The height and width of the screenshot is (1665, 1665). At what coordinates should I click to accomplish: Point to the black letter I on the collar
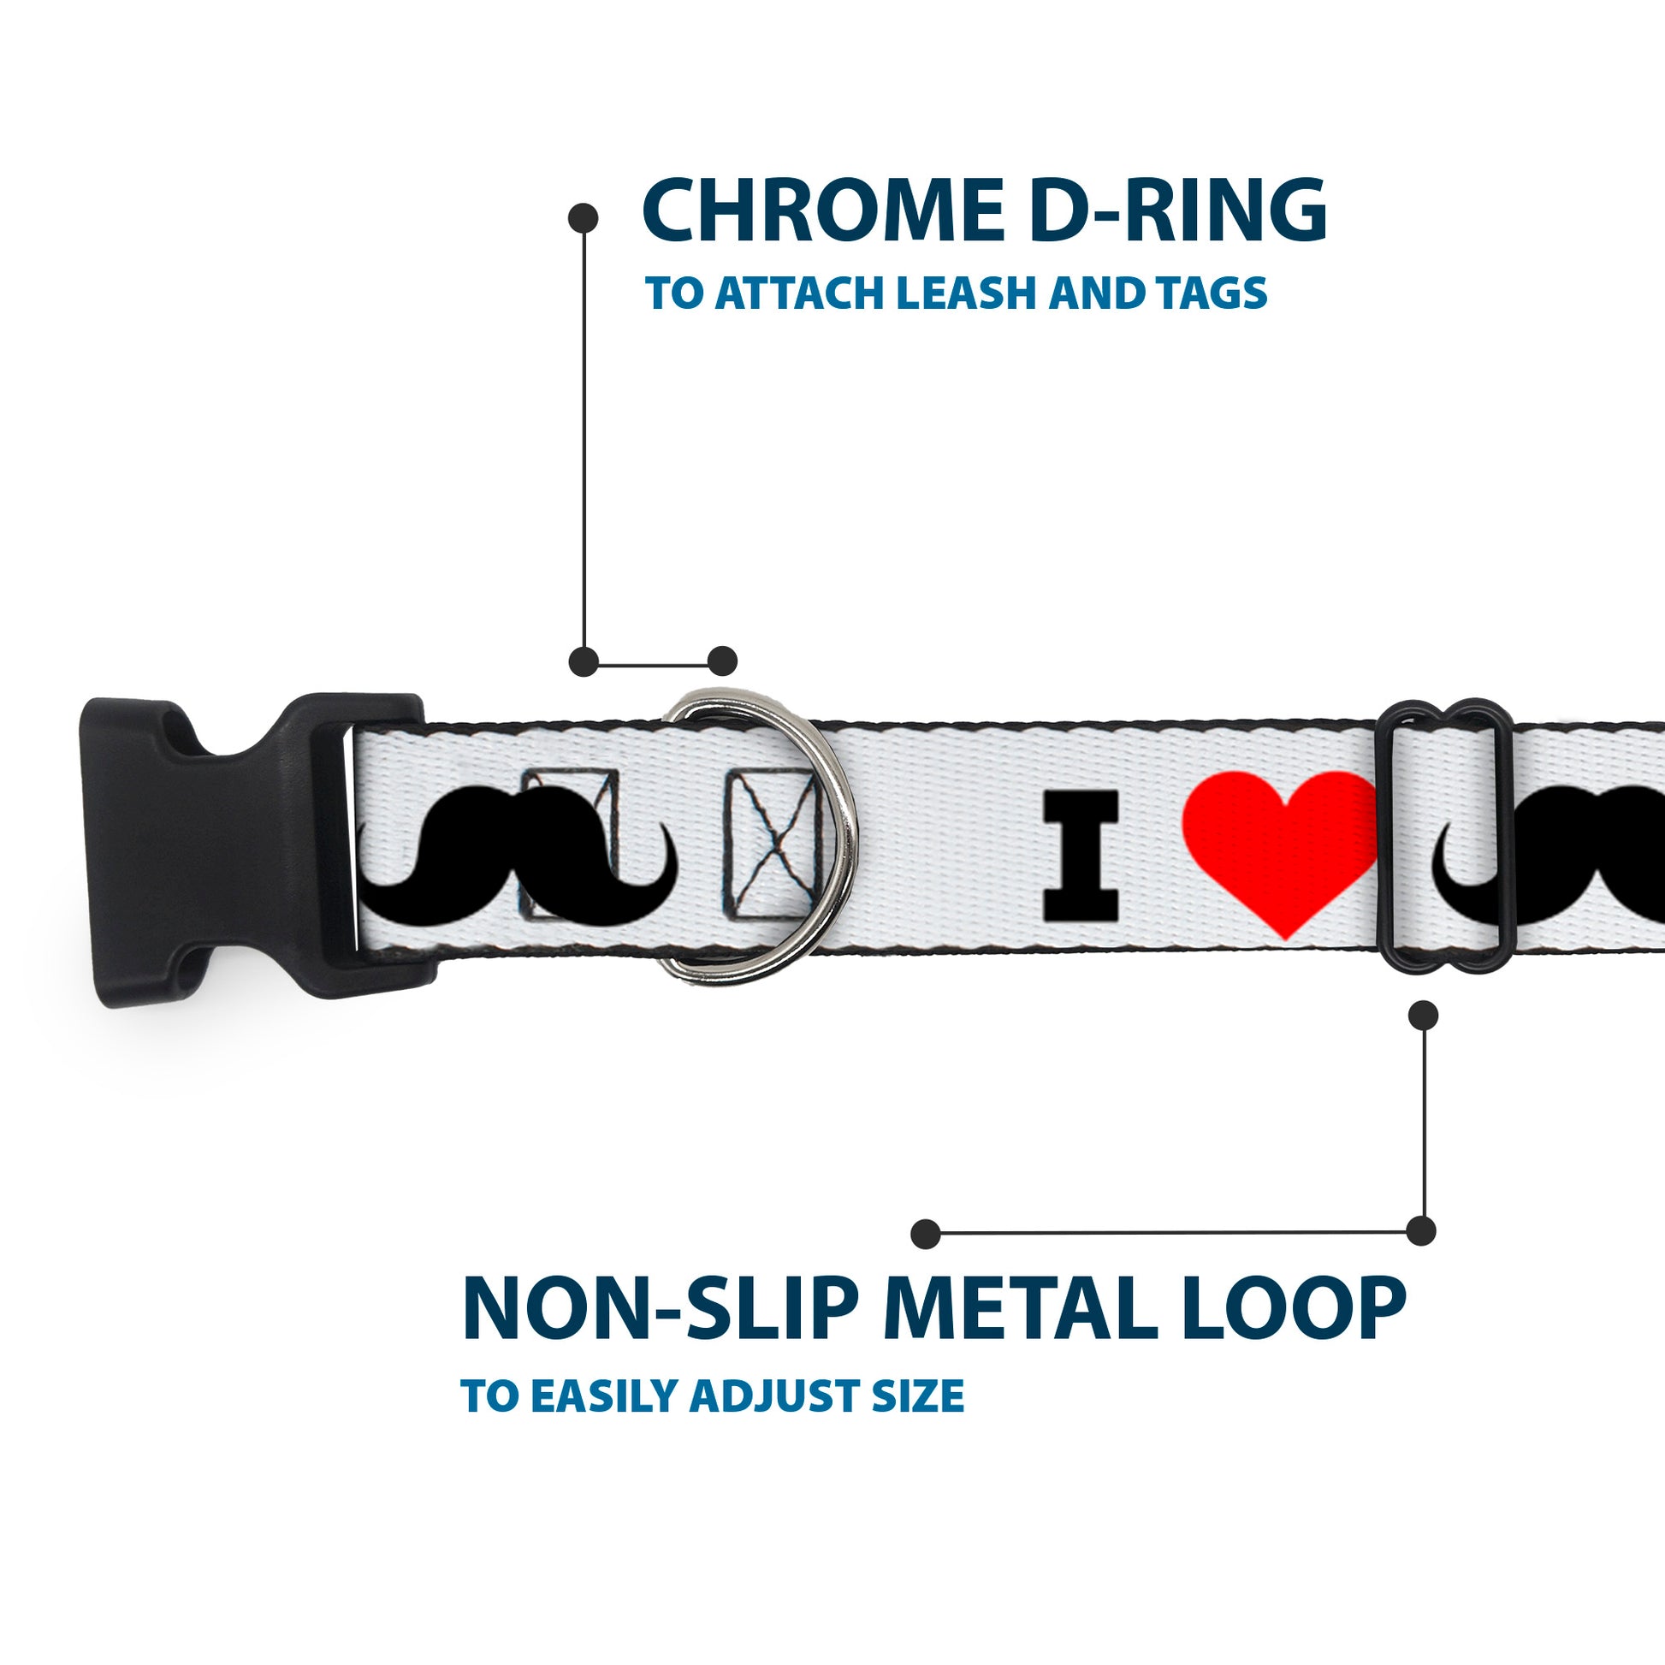point(1081,854)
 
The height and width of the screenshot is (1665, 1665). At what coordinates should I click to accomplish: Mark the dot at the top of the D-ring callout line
point(584,218)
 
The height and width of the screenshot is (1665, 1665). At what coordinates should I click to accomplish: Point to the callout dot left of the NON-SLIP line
point(925,1233)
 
